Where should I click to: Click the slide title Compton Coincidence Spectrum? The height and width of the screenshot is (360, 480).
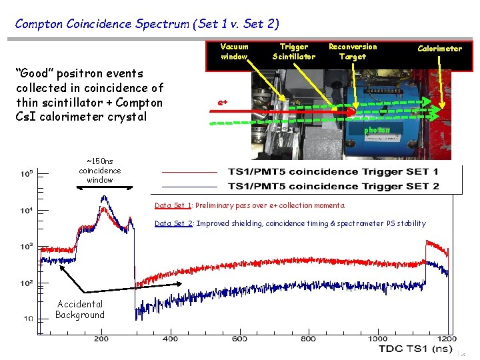pos(147,24)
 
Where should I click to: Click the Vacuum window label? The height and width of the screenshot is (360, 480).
pos(234,51)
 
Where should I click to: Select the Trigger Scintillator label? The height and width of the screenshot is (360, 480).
pos(293,51)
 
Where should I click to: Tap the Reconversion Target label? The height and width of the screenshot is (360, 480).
pos(352,51)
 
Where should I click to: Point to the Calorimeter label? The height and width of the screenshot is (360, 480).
pos(439,48)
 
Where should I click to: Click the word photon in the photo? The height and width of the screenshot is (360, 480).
pos(377,130)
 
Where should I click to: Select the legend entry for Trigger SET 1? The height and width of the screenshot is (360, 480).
pos(333,172)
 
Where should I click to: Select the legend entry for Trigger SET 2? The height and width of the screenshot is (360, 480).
pos(333,186)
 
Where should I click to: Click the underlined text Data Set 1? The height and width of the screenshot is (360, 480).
pos(173,205)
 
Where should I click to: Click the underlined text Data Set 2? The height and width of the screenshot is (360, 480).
pos(173,223)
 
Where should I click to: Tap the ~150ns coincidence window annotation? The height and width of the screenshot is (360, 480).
pos(100,171)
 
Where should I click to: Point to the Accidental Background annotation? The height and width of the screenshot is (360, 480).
pos(80,309)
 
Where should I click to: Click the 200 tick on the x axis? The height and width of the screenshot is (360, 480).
pos(101,339)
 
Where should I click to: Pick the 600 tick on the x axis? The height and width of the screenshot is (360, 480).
pos(239,339)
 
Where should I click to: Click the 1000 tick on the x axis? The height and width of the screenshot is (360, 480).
pos(377,339)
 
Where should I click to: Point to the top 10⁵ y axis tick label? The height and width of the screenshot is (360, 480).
pos(27,174)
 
